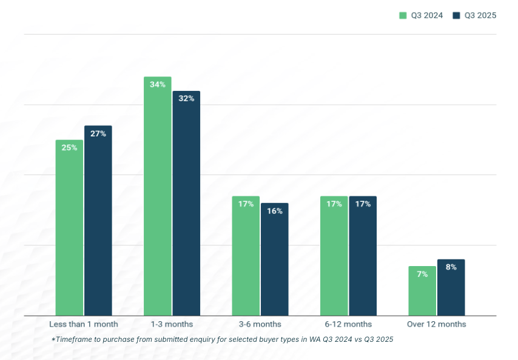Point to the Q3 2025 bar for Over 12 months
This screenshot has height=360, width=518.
click(451, 288)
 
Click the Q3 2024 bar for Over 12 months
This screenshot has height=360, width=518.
click(422, 291)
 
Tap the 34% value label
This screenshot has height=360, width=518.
click(158, 84)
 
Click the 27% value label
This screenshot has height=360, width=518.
click(98, 133)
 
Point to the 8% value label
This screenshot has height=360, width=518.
click(451, 267)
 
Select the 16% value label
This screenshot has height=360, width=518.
click(275, 211)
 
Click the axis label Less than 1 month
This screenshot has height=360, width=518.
click(84, 324)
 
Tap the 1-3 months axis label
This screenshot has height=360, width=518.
click(172, 324)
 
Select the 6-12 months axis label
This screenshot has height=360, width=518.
click(348, 324)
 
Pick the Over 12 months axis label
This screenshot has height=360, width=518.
click(437, 324)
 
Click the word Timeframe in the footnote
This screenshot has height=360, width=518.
click(76, 339)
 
